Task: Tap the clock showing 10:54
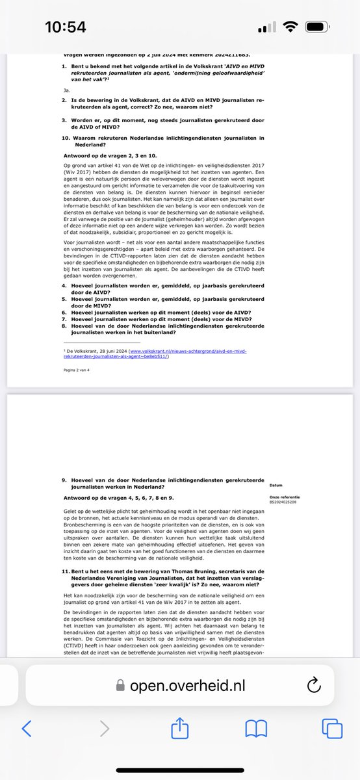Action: pos(65,28)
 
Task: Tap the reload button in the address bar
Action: pos(313,684)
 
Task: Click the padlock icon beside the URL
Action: pos(119,684)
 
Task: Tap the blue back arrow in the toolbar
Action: pos(27,729)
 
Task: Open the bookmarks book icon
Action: pos(255,729)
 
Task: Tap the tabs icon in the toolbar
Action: pos(331,729)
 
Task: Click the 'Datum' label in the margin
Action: pos(276,486)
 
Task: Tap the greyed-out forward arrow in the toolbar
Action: pos(104,729)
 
